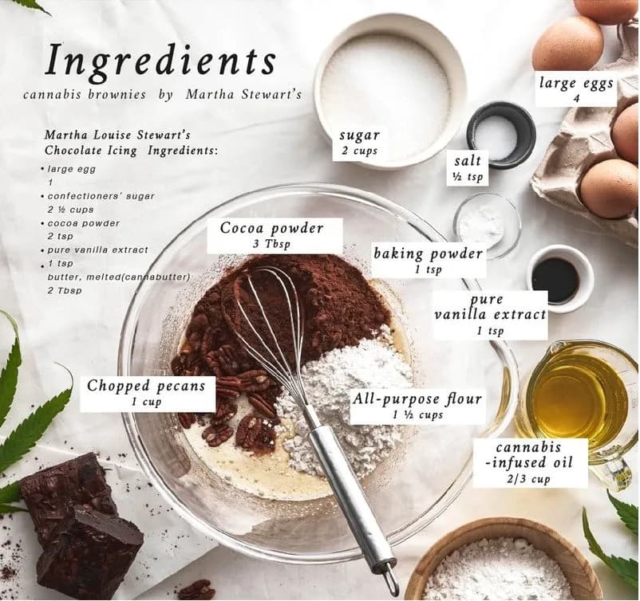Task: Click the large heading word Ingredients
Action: coord(161,61)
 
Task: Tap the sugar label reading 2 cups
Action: coord(359,143)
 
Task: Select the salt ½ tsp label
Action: coord(468,168)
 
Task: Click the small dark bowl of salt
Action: coord(501,135)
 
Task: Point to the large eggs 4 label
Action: coord(576,90)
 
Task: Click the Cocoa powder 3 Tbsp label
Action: coord(275,235)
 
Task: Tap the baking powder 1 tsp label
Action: coord(429,261)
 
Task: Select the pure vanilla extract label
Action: coord(490,315)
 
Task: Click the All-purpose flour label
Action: coord(417,407)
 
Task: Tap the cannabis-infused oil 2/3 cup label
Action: coord(530,462)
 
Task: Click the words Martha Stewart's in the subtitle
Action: coord(243,95)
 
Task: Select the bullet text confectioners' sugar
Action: coord(101,196)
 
